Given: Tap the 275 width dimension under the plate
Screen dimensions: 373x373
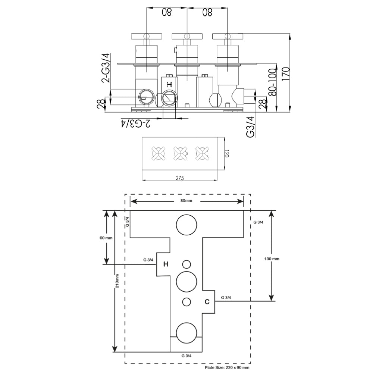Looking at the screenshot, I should (x=180, y=178).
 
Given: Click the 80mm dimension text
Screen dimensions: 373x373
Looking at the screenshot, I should (x=186, y=201).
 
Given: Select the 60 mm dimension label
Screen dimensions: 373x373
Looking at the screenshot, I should (x=107, y=238).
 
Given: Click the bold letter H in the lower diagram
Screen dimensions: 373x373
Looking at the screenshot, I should (x=166, y=264).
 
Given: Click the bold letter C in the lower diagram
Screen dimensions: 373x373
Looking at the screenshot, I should (x=207, y=302).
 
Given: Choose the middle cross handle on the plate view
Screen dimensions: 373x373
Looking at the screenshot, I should (x=180, y=153).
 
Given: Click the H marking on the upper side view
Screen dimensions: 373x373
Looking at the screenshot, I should (x=169, y=84).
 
